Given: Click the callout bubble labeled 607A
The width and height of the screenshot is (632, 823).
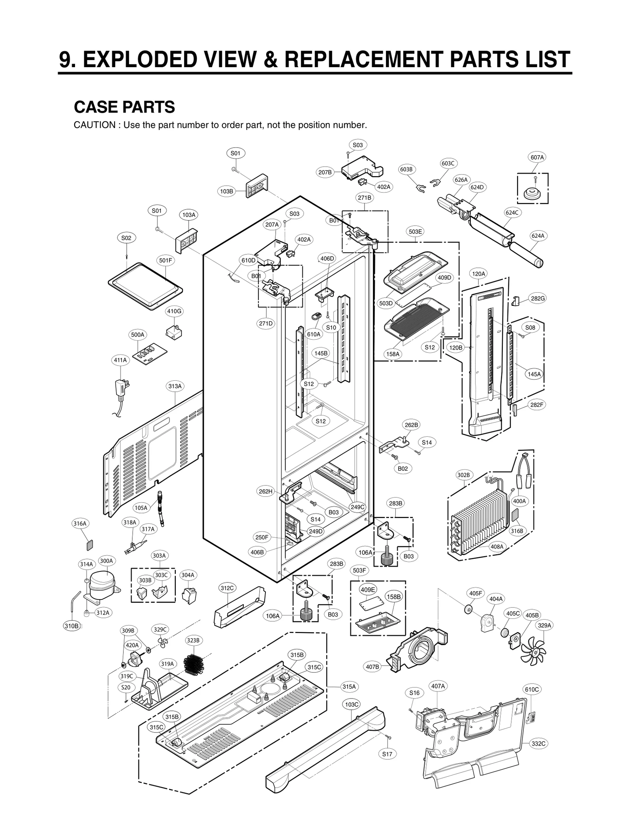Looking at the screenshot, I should pyautogui.click(x=537, y=157).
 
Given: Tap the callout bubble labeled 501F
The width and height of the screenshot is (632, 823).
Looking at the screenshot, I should pyautogui.click(x=166, y=260).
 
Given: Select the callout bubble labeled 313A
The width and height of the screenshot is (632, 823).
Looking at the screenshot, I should pyautogui.click(x=175, y=386).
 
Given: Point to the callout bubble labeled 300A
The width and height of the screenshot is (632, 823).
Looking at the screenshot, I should pyautogui.click(x=106, y=561).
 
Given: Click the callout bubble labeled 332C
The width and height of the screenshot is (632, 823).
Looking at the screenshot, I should pyautogui.click(x=538, y=744).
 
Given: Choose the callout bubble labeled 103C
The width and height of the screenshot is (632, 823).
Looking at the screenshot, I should pyautogui.click(x=352, y=705).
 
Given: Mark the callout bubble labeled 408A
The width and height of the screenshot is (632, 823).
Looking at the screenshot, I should pyautogui.click(x=497, y=547).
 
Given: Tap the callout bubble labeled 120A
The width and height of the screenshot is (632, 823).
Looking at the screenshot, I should pyautogui.click(x=478, y=274).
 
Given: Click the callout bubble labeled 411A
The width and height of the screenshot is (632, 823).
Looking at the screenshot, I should pyautogui.click(x=120, y=360).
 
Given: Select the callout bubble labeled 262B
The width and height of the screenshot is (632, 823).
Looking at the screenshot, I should pyautogui.click(x=411, y=425).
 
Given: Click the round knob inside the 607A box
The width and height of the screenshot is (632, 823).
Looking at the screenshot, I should pyautogui.click(x=533, y=194).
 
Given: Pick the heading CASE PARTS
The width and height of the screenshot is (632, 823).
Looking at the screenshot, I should pyautogui.click(x=124, y=107).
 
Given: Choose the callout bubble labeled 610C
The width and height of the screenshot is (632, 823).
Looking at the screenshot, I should pyautogui.click(x=532, y=689).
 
